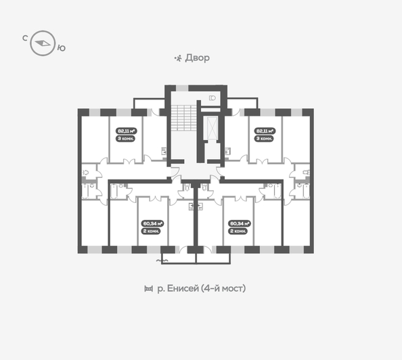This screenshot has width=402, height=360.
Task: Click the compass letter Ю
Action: tap(62, 47)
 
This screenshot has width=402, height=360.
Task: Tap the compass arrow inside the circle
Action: tap(44, 43)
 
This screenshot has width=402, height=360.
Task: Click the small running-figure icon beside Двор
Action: tap(177, 58)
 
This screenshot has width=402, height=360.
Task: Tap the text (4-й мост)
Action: tap(224, 289)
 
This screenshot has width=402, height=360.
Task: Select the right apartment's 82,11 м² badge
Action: tap(264, 131)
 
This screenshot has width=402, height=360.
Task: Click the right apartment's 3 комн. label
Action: tap(264, 139)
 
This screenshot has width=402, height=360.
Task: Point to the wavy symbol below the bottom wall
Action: tap(162, 260)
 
